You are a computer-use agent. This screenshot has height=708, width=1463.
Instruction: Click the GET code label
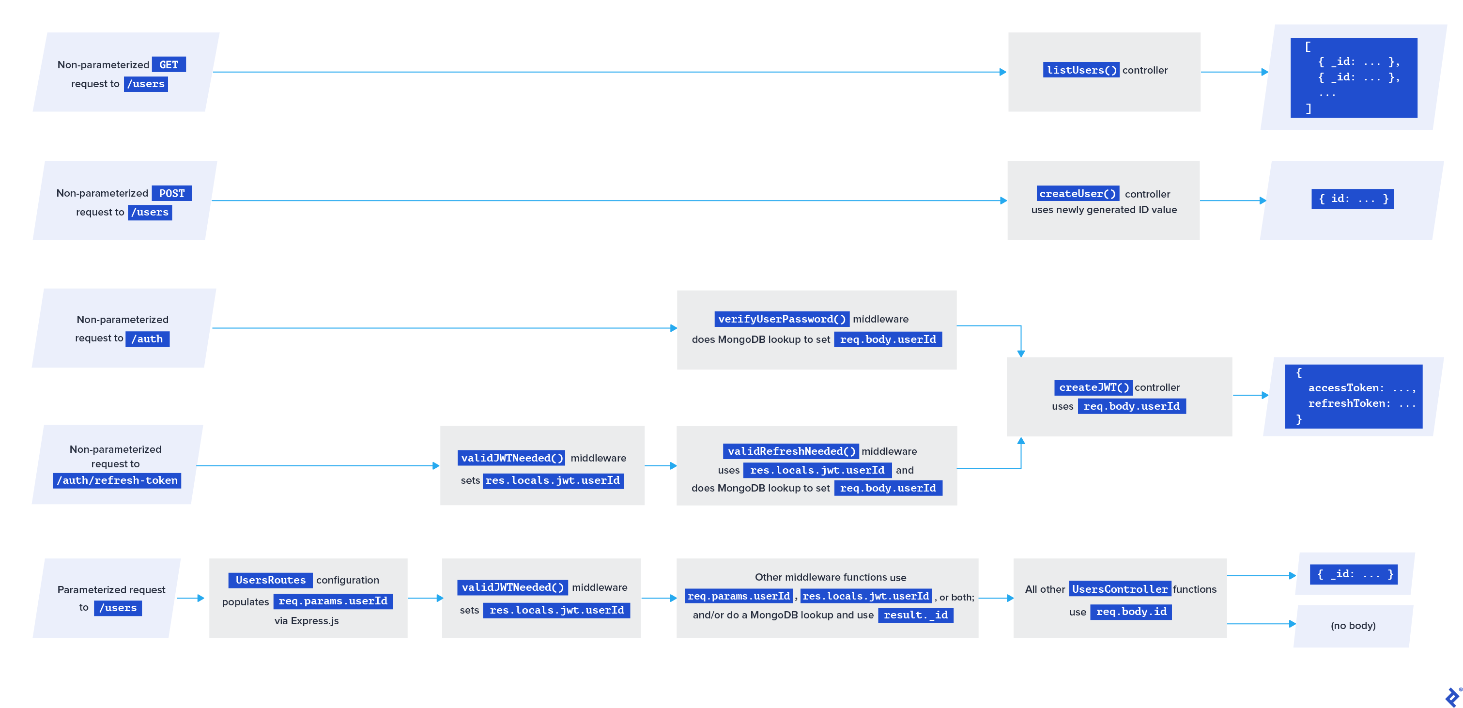click(169, 65)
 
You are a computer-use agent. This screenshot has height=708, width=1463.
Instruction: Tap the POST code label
click(171, 194)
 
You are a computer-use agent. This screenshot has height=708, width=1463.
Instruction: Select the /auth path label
click(147, 339)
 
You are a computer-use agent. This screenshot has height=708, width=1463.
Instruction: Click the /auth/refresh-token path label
click(117, 480)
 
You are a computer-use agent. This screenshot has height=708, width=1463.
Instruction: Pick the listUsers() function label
click(1081, 70)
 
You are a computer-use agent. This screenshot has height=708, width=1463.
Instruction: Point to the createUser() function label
click(1078, 194)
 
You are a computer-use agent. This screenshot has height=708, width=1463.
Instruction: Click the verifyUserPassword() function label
click(782, 319)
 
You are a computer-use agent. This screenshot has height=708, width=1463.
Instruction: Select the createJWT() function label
click(1093, 387)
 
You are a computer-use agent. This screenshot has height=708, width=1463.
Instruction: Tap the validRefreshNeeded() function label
click(790, 451)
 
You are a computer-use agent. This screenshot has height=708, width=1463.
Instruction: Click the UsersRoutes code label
click(270, 580)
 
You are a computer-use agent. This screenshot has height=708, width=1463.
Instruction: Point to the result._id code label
click(915, 615)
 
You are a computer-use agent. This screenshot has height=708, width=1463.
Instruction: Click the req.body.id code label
click(1131, 612)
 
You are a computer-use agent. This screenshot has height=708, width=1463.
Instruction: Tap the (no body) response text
click(1353, 626)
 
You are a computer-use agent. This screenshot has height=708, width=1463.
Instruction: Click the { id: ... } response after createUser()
click(1353, 199)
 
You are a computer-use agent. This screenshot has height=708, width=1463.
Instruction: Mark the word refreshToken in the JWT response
click(1345, 403)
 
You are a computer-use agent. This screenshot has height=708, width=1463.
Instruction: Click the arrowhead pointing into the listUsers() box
click(1002, 72)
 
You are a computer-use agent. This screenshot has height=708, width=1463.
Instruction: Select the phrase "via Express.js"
click(307, 620)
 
